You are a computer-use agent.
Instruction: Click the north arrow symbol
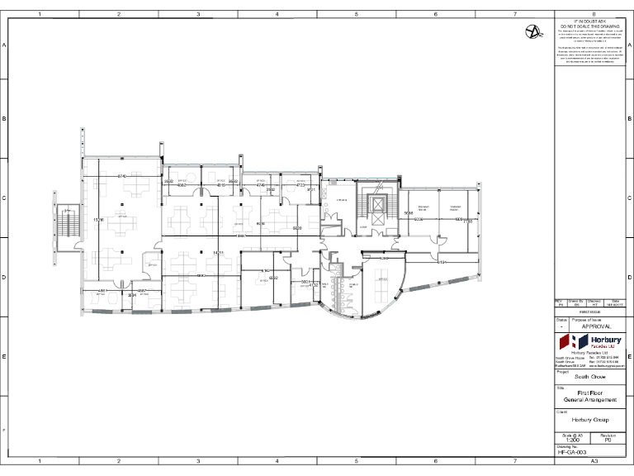(x=535, y=32)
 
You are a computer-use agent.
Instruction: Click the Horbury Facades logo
(x=586, y=342)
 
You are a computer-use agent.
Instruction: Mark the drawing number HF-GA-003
(x=572, y=453)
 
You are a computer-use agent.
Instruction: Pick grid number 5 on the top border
(x=356, y=14)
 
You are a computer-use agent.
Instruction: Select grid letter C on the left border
(x=5, y=198)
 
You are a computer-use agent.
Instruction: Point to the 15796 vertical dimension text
(x=98, y=220)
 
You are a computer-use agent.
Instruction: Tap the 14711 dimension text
(x=219, y=252)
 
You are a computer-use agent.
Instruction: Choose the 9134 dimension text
(x=442, y=261)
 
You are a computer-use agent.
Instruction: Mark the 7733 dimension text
(x=467, y=221)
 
